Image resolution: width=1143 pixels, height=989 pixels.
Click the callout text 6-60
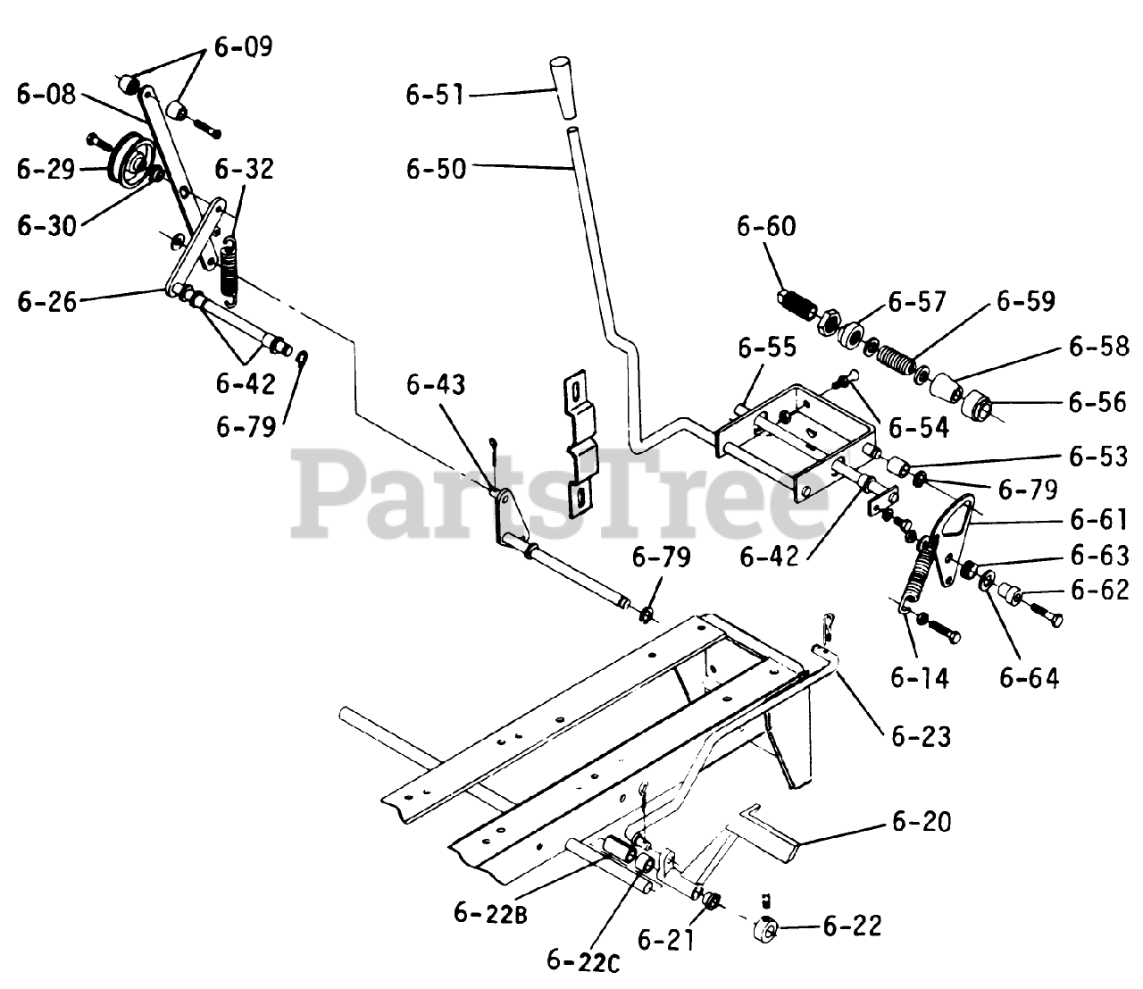[x=766, y=226]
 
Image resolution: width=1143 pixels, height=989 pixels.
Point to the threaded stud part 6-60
[x=797, y=305]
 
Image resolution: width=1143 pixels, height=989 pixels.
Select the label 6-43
[x=436, y=385]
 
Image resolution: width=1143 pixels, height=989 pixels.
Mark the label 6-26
[x=46, y=300]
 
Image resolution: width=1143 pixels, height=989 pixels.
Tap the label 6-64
[x=1029, y=678]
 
